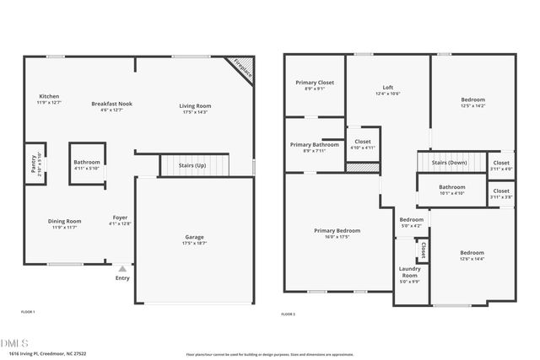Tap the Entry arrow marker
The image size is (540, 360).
122,269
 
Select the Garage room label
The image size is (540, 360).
194,238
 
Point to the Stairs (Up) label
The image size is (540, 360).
192,166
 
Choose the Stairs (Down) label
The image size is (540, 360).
449,162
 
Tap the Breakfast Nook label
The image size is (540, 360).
111,104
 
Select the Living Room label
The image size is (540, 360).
195,105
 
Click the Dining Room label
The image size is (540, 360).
64,221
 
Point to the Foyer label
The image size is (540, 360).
120,218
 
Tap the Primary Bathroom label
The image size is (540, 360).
314,145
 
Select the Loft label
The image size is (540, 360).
388,87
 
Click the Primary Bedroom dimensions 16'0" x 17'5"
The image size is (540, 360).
337,238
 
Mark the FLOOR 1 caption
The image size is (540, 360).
28,312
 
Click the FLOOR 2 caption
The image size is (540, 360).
289,314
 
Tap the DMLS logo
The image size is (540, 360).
14,343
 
